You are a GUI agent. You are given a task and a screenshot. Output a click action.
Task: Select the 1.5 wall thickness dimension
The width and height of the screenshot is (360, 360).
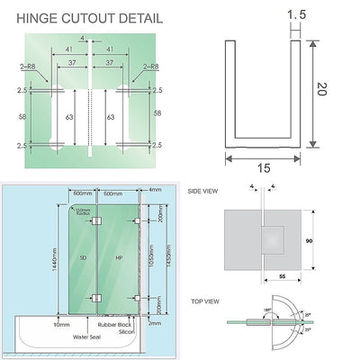294,13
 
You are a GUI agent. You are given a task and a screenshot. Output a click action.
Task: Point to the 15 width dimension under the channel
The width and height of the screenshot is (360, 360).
262,167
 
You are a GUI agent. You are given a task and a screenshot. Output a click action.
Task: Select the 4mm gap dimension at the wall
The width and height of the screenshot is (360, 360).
157,190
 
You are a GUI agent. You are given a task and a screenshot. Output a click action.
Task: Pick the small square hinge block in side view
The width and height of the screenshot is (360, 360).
276,240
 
